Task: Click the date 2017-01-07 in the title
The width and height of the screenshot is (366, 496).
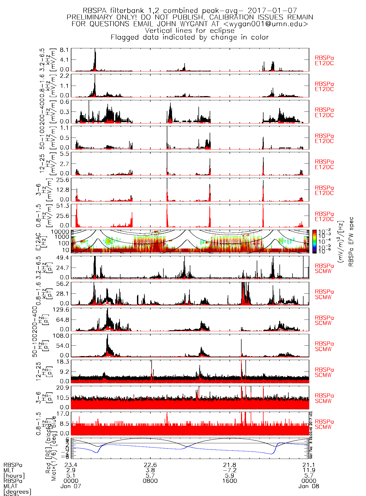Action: tap(272, 11)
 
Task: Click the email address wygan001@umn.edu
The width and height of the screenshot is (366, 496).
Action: tap(266, 24)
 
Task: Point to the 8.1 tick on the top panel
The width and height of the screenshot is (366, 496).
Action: tap(65, 50)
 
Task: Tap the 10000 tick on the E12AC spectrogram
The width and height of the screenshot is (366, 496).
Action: tap(60, 232)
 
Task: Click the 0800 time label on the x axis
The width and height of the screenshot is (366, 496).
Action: tap(150, 481)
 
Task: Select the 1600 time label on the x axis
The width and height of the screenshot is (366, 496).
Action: tap(230, 481)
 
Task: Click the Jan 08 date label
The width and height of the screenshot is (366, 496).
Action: tap(309, 486)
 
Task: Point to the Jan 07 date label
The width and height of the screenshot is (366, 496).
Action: tap(71, 486)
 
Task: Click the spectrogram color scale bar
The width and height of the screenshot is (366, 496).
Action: tap(314, 241)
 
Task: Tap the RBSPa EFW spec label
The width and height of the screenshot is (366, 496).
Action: tap(351, 241)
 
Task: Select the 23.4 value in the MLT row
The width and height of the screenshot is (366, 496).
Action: tap(71, 465)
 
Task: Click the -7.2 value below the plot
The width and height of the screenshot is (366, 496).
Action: tap(230, 470)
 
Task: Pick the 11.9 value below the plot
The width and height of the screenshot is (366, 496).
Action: tap(309, 470)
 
